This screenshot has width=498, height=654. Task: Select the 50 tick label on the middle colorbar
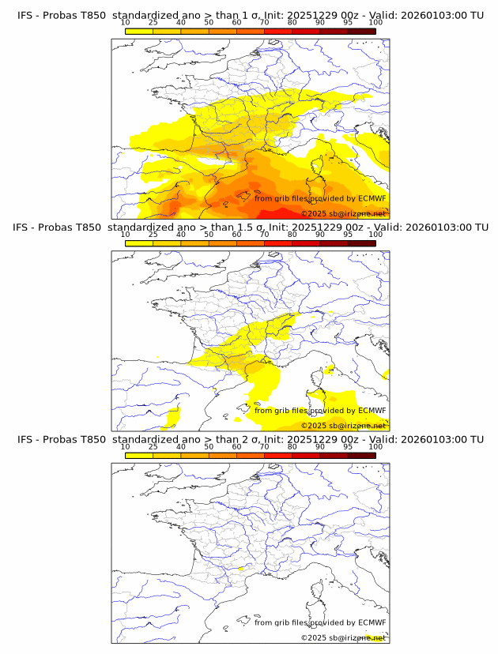coord(209,235)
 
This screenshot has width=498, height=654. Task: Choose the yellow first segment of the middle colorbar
coord(138,242)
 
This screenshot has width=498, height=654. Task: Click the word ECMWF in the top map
coord(372,198)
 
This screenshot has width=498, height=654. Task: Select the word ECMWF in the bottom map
coord(372,622)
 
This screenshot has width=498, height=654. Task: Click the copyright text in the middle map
coord(344,425)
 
